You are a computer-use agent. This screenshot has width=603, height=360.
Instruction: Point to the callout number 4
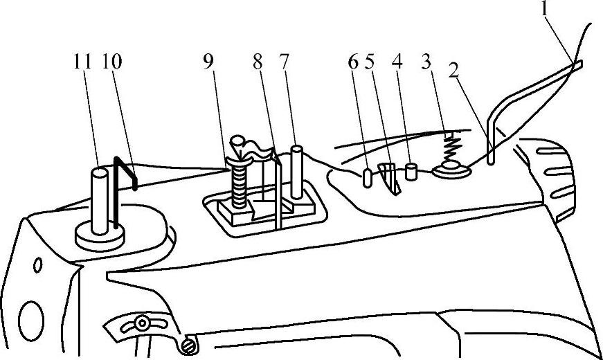coord(397,62)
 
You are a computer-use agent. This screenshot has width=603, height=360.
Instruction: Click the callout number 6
coord(353,62)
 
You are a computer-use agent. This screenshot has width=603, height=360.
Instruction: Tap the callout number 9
coord(208,62)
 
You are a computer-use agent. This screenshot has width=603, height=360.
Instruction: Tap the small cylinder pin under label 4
coord(411,170)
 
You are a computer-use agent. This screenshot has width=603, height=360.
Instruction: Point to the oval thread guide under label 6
coord(366,177)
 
